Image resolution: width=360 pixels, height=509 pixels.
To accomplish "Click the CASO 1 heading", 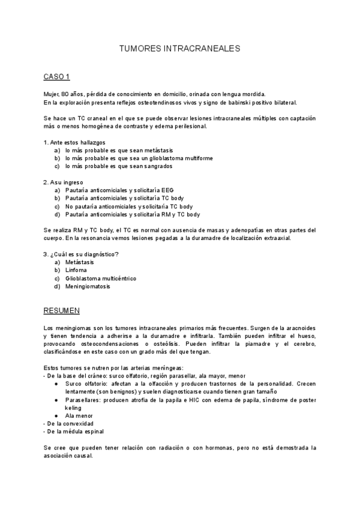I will [x=57, y=76].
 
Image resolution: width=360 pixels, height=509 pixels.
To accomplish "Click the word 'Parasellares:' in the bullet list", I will [x=84, y=400].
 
